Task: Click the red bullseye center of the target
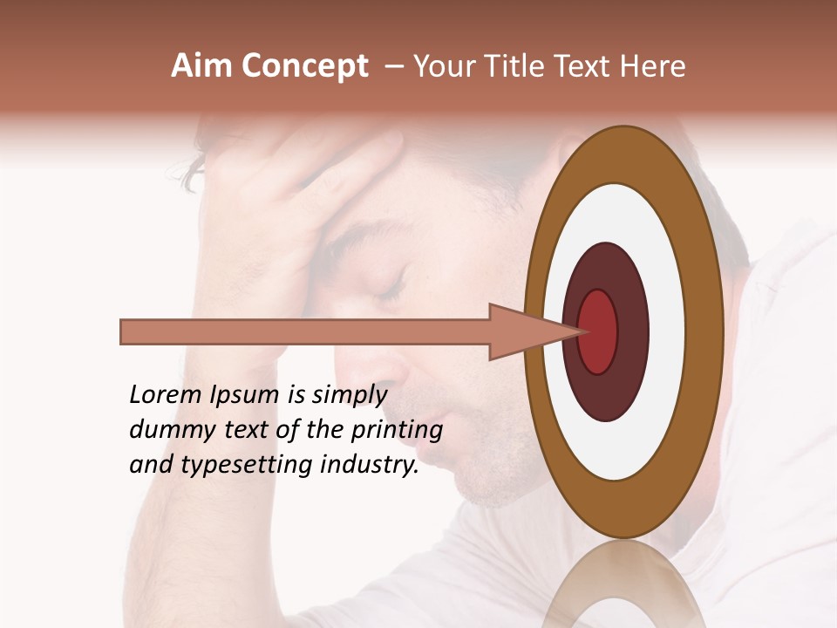coord(598,331)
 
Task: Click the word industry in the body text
coord(370,466)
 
